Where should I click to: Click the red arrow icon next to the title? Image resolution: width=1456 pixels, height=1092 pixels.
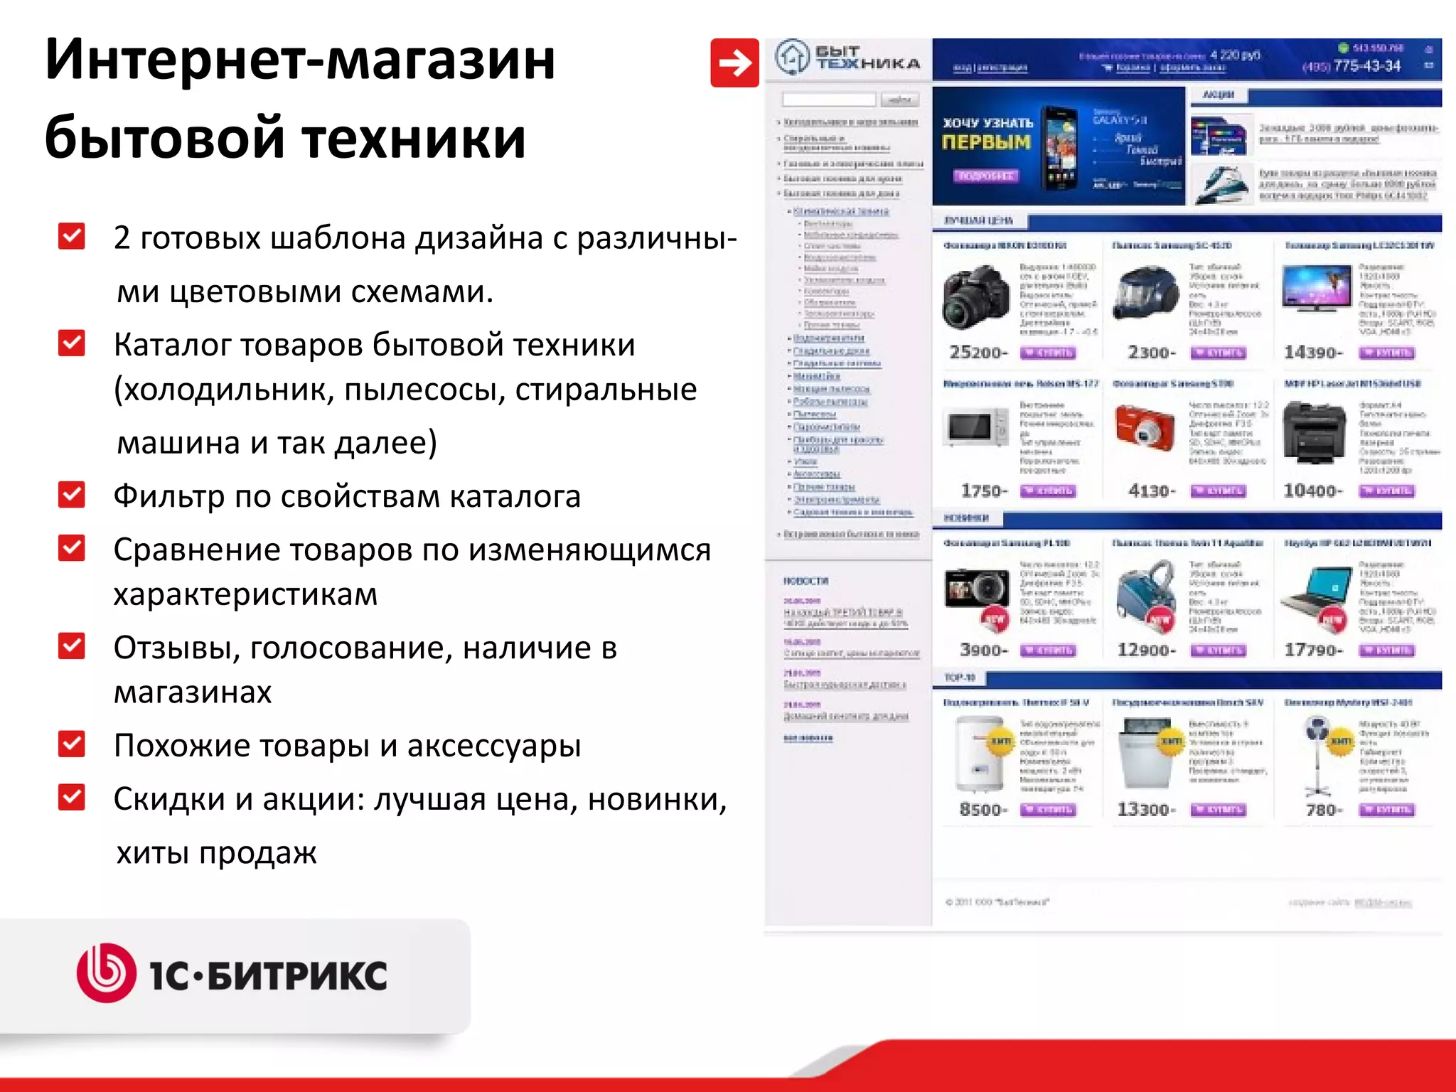click(734, 63)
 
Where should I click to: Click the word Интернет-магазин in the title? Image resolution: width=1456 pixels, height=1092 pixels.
click(299, 60)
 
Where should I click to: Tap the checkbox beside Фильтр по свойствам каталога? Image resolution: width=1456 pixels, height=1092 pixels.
click(72, 495)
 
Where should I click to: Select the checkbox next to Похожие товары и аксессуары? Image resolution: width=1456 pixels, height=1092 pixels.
click(72, 744)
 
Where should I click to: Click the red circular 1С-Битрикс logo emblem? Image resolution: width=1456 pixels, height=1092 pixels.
click(106, 973)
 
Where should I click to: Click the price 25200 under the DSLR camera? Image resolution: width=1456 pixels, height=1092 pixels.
click(978, 353)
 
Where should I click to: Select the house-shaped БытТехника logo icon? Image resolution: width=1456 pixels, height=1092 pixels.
click(791, 57)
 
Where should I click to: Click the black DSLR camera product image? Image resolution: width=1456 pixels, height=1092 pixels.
click(976, 297)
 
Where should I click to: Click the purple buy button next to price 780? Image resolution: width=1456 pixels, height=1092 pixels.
click(1386, 810)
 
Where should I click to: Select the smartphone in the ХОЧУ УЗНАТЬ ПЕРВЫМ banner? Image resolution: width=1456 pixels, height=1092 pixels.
click(1059, 148)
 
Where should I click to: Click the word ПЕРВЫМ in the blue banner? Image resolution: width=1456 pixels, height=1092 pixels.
click(985, 142)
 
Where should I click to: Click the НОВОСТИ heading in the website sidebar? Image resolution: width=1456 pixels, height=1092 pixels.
click(805, 581)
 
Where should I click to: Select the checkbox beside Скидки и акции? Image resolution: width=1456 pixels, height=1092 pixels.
click(72, 798)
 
